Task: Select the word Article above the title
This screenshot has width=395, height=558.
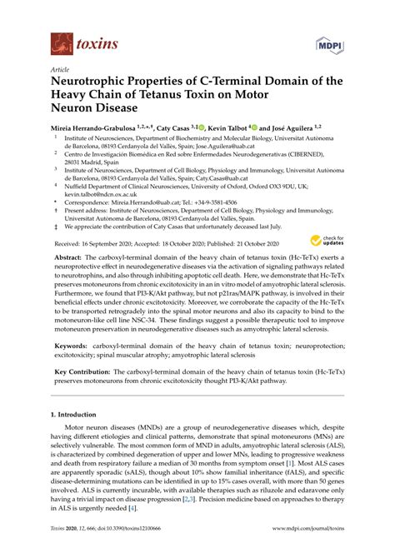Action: [60, 71]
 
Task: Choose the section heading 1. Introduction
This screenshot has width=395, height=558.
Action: [76, 414]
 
